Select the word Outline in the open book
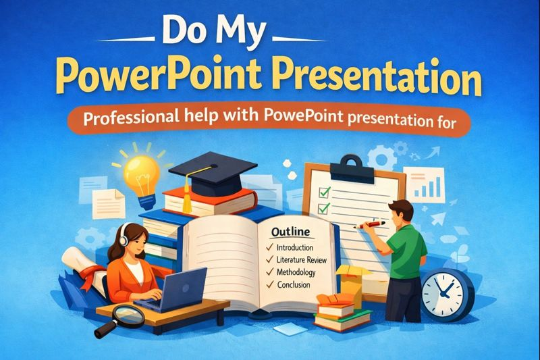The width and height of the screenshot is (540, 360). [x=289, y=232]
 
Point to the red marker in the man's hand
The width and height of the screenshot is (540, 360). [x=375, y=222]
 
